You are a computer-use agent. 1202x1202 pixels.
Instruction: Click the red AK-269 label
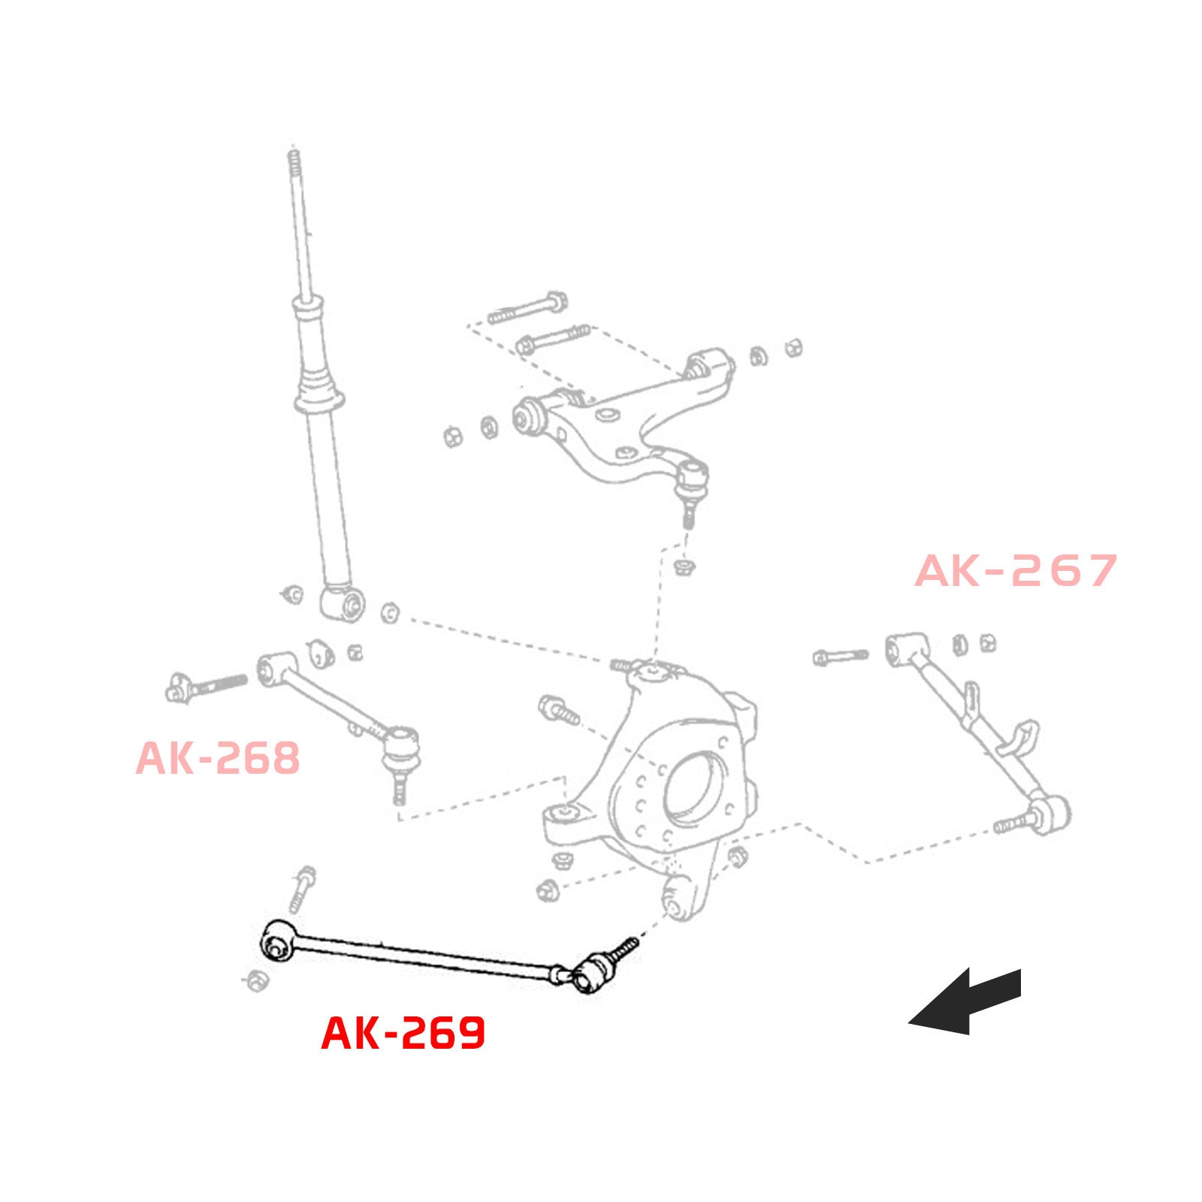point(403,1033)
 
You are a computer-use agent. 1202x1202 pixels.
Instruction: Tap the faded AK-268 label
point(218,758)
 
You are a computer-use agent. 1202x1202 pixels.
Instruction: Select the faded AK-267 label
point(1016,571)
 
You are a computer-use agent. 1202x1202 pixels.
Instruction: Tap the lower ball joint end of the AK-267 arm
point(1051,813)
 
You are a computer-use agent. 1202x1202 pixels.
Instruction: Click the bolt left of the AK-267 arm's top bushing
point(840,657)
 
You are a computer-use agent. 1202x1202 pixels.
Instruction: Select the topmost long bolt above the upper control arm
point(527,309)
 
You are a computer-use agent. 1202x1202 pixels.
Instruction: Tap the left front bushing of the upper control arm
point(530,416)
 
